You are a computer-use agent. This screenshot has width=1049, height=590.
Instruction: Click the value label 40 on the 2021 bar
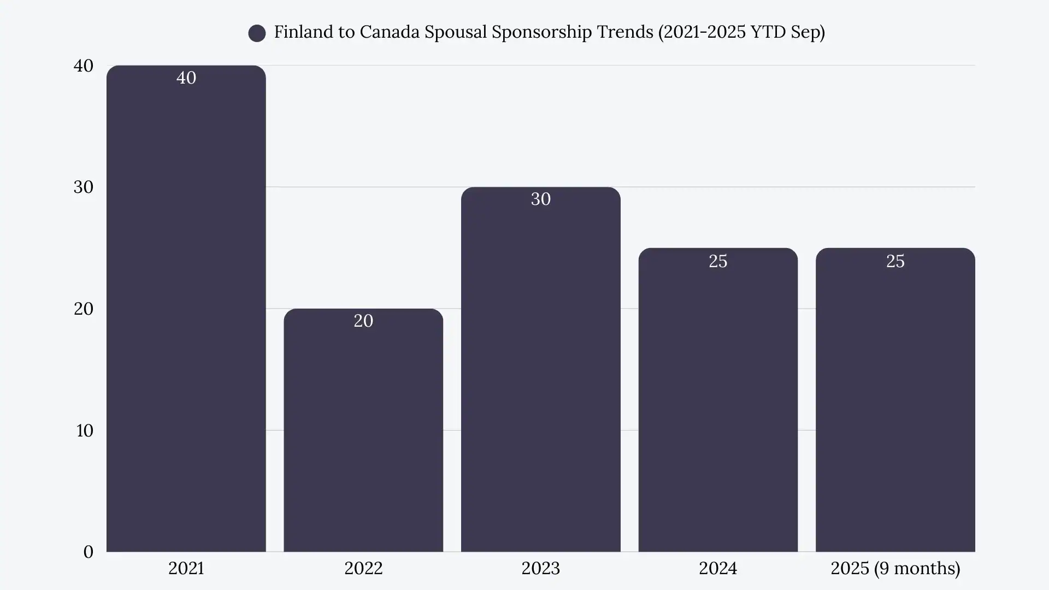186,78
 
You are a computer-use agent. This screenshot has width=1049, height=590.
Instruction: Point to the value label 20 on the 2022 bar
363,321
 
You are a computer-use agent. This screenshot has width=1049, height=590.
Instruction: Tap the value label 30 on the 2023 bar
540,199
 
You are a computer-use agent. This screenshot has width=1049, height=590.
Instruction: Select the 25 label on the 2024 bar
718,261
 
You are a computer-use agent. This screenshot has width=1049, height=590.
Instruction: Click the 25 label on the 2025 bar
895,261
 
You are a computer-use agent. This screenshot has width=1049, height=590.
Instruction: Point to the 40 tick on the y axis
84,66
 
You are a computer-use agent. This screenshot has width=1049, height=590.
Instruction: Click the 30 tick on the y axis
84,187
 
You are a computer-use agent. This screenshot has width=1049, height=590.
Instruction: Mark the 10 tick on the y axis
85,430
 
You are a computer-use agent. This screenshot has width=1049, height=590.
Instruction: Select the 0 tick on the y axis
88,552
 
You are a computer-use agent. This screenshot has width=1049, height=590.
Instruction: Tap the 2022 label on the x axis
363,568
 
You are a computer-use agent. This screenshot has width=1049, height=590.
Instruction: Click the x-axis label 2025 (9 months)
895,568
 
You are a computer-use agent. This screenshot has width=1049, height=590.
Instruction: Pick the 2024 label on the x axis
718,568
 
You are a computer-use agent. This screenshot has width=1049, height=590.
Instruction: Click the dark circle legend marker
257,33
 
